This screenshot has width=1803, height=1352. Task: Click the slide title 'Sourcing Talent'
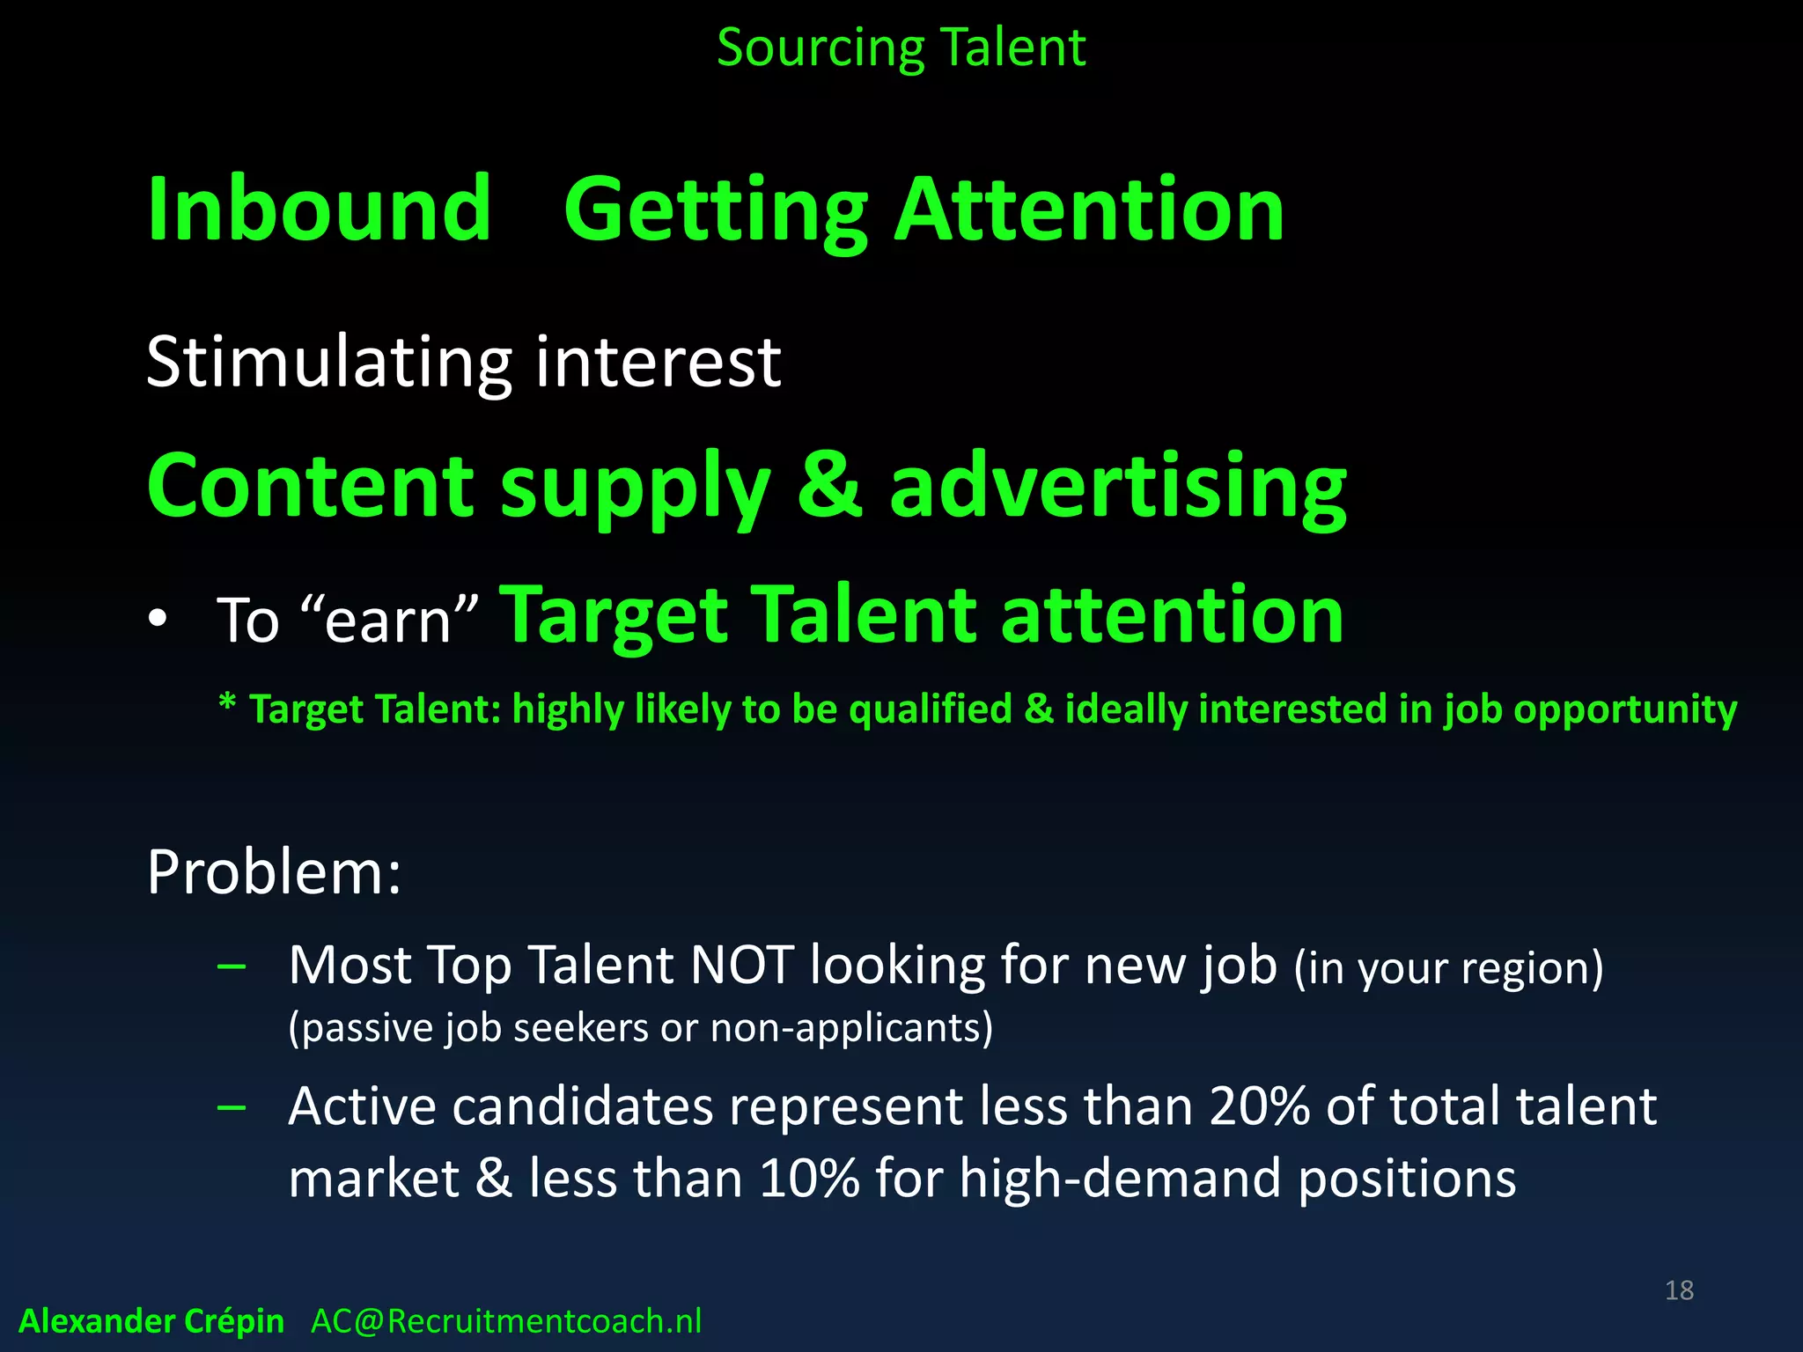(x=901, y=48)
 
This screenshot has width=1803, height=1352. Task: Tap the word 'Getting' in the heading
(x=715, y=211)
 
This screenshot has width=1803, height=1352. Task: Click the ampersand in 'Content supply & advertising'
(x=829, y=486)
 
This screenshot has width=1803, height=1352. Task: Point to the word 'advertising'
(x=1118, y=488)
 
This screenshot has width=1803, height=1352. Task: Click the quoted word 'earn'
(x=388, y=621)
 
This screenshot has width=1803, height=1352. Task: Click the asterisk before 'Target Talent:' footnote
(x=227, y=704)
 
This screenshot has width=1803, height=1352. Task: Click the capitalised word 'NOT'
(x=741, y=966)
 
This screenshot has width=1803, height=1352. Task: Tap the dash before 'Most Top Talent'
(x=232, y=966)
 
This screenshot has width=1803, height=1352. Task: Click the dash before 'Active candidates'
(x=232, y=1107)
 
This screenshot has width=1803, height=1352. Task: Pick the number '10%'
(x=808, y=1179)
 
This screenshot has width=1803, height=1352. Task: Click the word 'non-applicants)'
(x=851, y=1028)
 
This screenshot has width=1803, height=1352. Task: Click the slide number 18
(x=1679, y=1290)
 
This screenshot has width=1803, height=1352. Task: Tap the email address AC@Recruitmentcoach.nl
(x=506, y=1321)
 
